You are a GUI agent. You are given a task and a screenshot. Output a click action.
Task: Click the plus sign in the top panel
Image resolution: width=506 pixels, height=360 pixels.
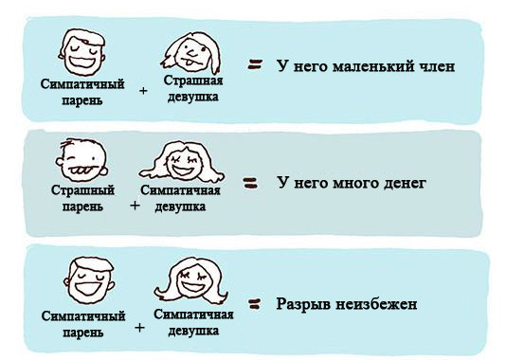(143, 92)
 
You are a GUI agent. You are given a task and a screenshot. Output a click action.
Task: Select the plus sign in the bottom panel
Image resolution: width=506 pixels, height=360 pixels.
(140, 328)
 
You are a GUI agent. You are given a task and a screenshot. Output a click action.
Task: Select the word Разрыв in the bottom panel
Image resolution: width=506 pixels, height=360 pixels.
(303, 306)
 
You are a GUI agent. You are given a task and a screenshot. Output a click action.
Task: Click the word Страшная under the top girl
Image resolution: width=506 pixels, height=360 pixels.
(192, 82)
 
